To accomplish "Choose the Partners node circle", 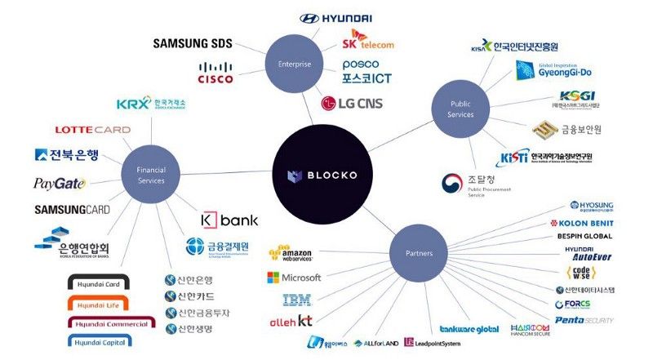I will (x=419, y=253).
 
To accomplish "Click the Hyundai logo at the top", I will (x=335, y=18).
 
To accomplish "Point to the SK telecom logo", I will (x=368, y=41).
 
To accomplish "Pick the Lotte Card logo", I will (x=92, y=130).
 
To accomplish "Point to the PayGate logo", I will (x=59, y=184).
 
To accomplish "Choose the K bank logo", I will (x=229, y=220).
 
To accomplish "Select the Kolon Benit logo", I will (x=580, y=223).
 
